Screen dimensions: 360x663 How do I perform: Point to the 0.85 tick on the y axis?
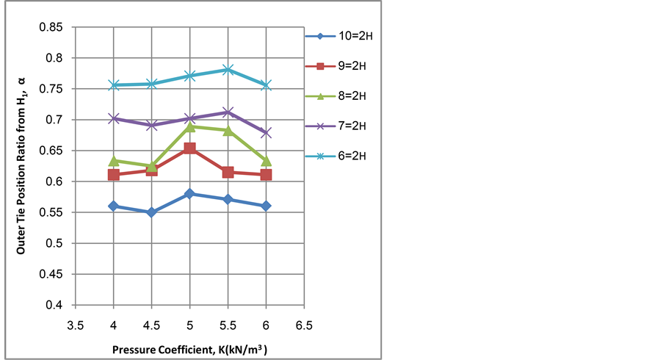[54, 27]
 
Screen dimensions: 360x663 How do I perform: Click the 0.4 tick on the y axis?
[57, 305]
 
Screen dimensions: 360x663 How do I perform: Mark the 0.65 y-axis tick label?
[54, 151]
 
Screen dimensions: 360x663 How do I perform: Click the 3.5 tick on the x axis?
[75, 323]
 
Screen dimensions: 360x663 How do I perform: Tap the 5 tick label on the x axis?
[189, 323]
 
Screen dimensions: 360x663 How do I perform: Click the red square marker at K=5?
[189, 148]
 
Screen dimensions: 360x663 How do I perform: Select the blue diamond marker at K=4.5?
[151, 212]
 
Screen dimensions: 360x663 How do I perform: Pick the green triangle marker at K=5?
[189, 126]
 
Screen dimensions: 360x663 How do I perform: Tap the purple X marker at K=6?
[266, 133]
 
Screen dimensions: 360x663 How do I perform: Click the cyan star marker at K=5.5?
[228, 70]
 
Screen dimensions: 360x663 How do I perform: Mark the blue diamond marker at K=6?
[266, 206]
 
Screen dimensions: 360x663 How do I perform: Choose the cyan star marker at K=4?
[113, 85]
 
